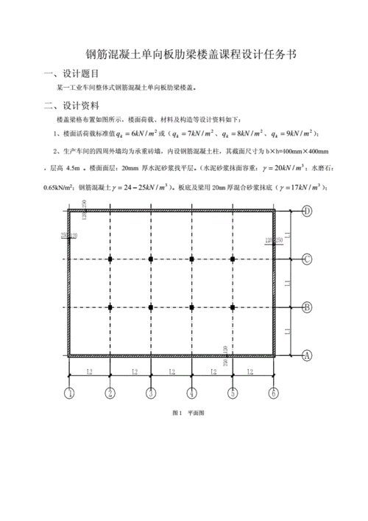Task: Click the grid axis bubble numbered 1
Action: point(68,393)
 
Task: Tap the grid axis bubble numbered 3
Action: point(150,393)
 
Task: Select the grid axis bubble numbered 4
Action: point(191,393)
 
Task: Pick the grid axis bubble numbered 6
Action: point(273,393)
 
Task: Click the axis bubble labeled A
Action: point(307,355)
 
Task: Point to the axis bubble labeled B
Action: point(307,307)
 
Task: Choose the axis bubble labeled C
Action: point(307,259)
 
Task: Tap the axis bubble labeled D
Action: point(307,211)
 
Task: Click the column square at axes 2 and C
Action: point(110,259)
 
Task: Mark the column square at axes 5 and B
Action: point(233,307)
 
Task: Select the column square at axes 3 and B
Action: point(150,307)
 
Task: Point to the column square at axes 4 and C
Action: point(191,259)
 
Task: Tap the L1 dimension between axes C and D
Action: point(289,235)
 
